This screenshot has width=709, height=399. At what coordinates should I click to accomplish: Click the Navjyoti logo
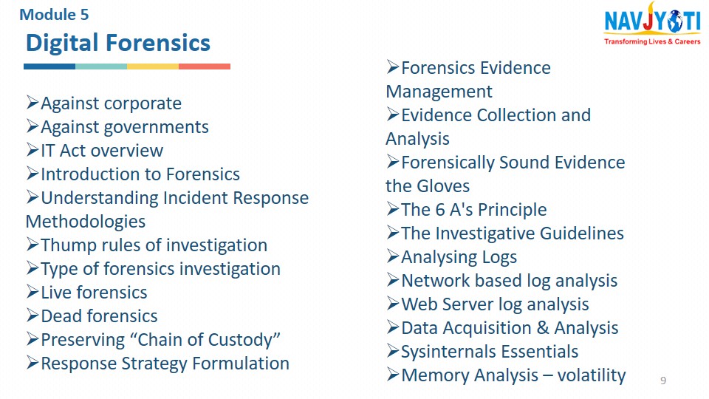tap(652, 24)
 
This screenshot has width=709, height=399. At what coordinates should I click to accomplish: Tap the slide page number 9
tap(663, 381)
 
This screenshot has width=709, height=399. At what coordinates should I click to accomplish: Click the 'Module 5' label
tap(54, 15)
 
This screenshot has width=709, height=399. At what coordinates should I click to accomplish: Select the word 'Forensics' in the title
tap(158, 43)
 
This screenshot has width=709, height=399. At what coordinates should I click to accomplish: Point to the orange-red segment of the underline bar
tap(205, 66)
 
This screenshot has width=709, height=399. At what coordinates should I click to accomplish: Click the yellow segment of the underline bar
tap(153, 66)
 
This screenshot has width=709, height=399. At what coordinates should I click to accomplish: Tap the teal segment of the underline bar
tap(101, 66)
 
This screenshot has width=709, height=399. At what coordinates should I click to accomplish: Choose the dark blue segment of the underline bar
tap(49, 66)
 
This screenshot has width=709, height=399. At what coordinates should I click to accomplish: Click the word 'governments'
tap(157, 128)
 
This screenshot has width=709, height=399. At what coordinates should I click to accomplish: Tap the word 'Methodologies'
tap(86, 222)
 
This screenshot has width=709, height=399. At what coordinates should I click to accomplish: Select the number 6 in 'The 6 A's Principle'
tap(440, 210)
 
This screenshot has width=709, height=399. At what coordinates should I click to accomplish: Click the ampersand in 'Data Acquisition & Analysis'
tap(543, 328)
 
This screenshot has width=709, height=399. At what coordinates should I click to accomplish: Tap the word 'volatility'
tap(592, 375)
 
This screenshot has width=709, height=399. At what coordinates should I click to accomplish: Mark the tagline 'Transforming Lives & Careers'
tap(652, 41)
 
